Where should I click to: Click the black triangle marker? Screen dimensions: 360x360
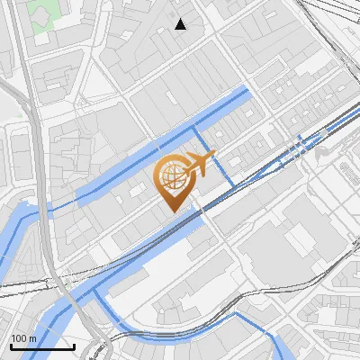tap(181, 24)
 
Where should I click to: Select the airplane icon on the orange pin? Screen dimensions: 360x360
tap(197, 166)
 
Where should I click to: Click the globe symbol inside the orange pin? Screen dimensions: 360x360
tap(171, 177)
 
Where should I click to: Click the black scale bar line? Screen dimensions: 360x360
tap(41, 346)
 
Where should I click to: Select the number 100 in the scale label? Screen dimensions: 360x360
tap(19, 338)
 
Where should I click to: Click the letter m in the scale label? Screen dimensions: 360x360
tap(31, 338)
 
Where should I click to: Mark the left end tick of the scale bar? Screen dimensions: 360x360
tap(10, 345)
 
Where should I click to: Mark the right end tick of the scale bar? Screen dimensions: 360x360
tap(74, 345)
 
